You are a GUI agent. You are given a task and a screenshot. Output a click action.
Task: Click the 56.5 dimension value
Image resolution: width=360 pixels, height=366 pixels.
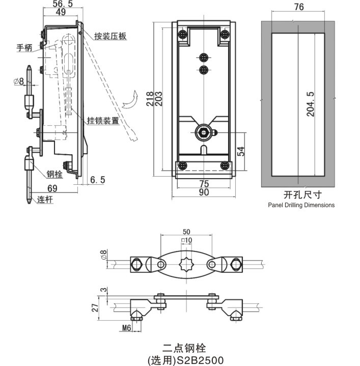coord(63,4)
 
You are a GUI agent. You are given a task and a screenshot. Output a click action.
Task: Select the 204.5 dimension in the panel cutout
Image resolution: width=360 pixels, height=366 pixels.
coord(311,105)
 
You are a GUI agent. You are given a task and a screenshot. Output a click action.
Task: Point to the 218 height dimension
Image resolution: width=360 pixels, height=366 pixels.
coord(150,98)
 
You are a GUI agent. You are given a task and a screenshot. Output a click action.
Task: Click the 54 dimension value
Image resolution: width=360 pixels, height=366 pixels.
coord(242,151)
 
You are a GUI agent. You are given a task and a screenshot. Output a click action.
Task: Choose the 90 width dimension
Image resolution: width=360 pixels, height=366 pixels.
coord(203,192)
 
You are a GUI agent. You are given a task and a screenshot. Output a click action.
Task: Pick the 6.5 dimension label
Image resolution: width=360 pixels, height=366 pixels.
coord(97,180)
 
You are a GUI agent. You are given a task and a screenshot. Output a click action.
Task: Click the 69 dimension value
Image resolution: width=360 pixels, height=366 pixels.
coord(52,189)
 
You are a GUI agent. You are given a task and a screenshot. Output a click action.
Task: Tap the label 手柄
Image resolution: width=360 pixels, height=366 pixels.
coord(24,48)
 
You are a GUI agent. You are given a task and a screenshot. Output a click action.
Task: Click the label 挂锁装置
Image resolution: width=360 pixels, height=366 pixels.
coord(103,121)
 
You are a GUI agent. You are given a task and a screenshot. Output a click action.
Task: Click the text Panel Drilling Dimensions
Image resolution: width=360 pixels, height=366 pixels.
coord(301,205)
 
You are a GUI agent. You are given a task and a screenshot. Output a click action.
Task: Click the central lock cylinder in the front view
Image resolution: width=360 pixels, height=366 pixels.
coord(203,133)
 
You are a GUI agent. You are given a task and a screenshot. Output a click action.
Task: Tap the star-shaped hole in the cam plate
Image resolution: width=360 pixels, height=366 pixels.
coord(185,265)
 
